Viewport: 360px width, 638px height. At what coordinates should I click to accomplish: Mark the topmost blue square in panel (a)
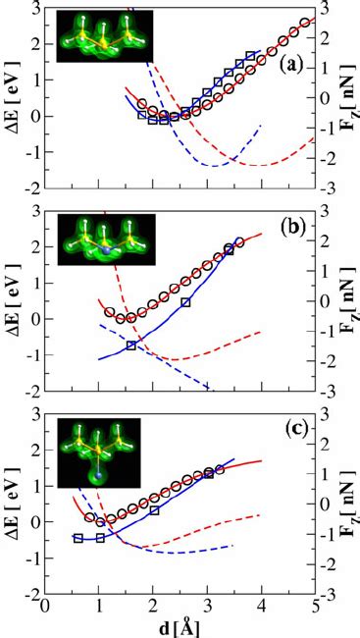click(x=251, y=57)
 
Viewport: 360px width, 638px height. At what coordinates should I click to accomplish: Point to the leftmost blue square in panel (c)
click(x=78, y=538)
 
